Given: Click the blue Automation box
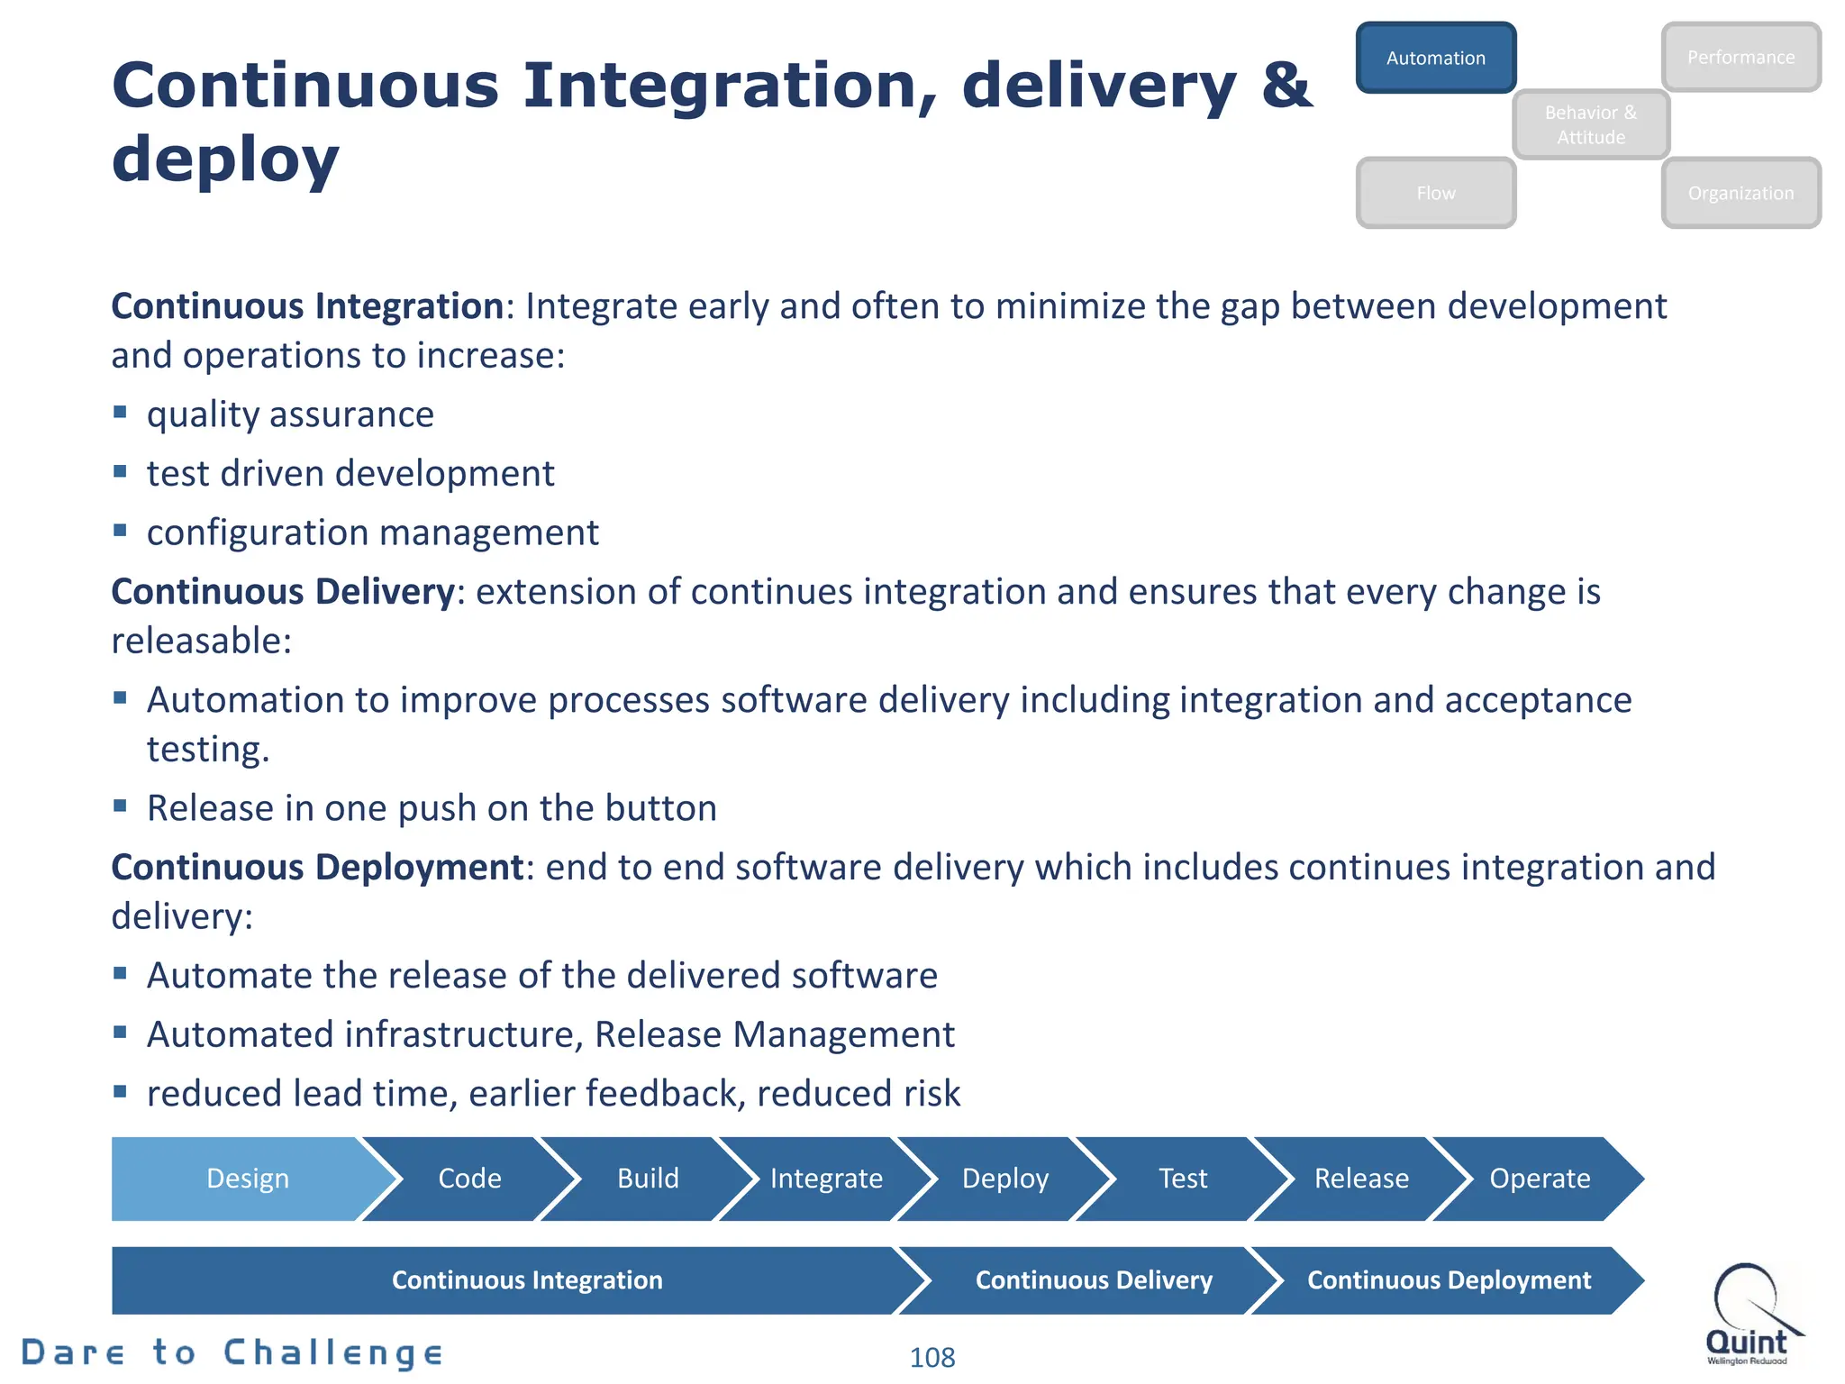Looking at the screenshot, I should [1435, 58].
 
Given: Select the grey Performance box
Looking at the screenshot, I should [1740, 58].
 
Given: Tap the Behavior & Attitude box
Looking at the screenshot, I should [1591, 124].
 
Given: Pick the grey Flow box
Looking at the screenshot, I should [1435, 193].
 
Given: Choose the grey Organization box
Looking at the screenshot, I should [1740, 193].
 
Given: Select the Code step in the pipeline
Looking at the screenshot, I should [469, 1179].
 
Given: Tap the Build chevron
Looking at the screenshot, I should [648, 1179].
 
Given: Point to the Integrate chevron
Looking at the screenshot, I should [826, 1179].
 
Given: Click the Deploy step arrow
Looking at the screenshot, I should [1005, 1179].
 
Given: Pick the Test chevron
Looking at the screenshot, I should [1183, 1179].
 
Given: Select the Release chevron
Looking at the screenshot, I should [1361, 1179].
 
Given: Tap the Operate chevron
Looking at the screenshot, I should [1540, 1179].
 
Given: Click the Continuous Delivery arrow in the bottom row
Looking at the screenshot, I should [1094, 1280].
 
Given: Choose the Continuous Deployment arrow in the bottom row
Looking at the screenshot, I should [1449, 1280].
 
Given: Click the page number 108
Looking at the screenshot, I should [932, 1357].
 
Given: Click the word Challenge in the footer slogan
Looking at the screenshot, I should [333, 1352].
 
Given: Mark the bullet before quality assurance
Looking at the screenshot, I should [120, 413].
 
